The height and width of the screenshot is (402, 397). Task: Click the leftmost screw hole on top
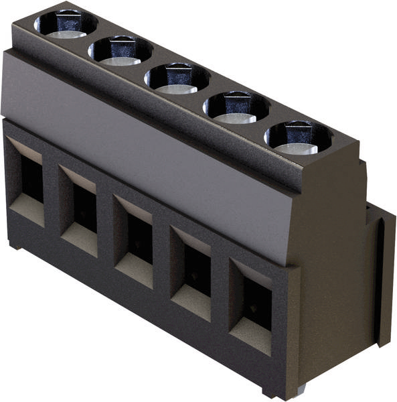pos(65,24)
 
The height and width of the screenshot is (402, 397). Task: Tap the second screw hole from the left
pos(121,50)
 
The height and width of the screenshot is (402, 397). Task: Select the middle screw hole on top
pos(177,78)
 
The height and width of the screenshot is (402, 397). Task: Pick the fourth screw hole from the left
pos(236,106)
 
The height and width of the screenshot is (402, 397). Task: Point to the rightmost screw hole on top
pos(298,137)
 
